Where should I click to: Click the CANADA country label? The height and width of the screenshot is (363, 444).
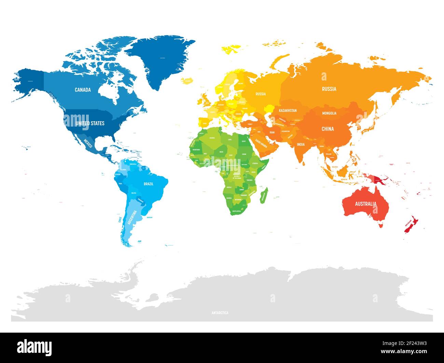pyautogui.click(x=83, y=90)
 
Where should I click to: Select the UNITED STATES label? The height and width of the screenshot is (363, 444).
pyautogui.click(x=90, y=123)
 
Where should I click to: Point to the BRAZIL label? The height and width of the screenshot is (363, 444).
pyautogui.click(x=149, y=184)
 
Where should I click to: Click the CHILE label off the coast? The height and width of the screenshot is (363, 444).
pyautogui.click(x=120, y=219)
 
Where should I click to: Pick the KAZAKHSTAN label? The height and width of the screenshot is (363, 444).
pyautogui.click(x=288, y=111)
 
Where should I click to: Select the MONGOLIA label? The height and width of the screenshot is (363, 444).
pyautogui.click(x=329, y=113)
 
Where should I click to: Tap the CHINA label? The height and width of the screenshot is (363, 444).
pyautogui.click(x=328, y=129)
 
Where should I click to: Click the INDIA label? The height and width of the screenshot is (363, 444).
pyautogui.click(x=301, y=144)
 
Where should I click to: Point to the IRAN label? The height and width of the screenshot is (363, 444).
pyautogui.click(x=272, y=132)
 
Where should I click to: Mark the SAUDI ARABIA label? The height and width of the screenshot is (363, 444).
pyautogui.click(x=261, y=144)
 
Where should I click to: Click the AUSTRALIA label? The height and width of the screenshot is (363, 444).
pyautogui.click(x=365, y=204)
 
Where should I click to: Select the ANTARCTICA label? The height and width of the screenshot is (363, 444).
pyautogui.click(x=220, y=313)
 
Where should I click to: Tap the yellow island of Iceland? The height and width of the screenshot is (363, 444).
pyautogui.click(x=187, y=81)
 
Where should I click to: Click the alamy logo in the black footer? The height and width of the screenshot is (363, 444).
pyautogui.click(x=34, y=347)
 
